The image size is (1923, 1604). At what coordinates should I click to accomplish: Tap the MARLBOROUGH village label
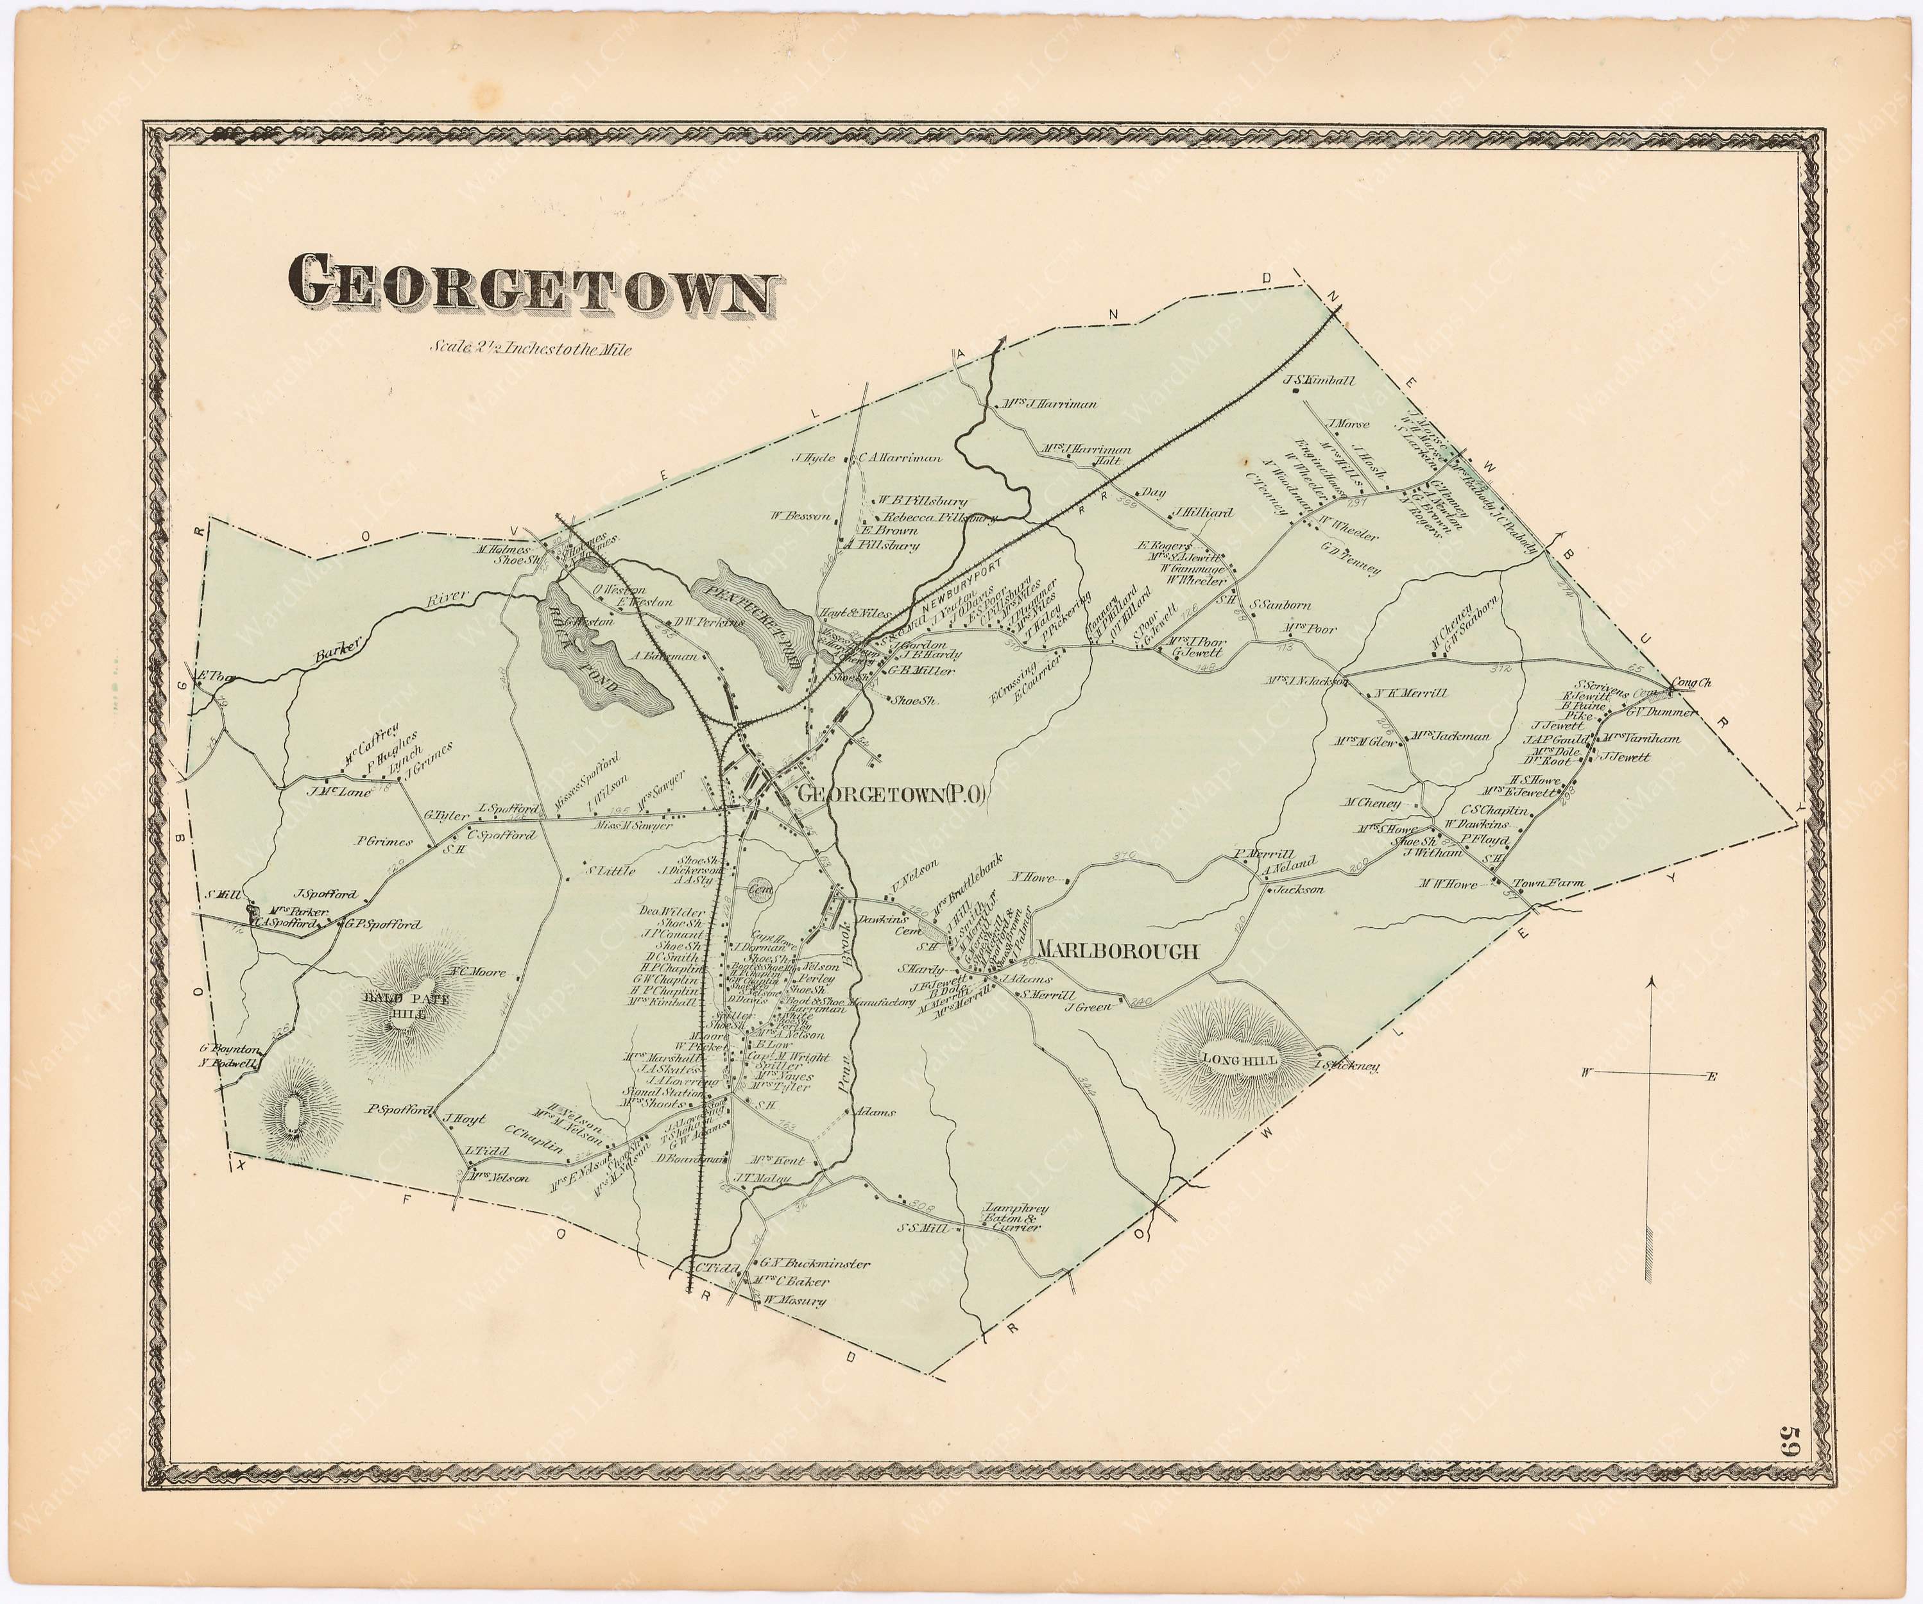[x=1115, y=952]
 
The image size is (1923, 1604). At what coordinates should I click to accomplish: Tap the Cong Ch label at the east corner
[x=1691, y=683]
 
